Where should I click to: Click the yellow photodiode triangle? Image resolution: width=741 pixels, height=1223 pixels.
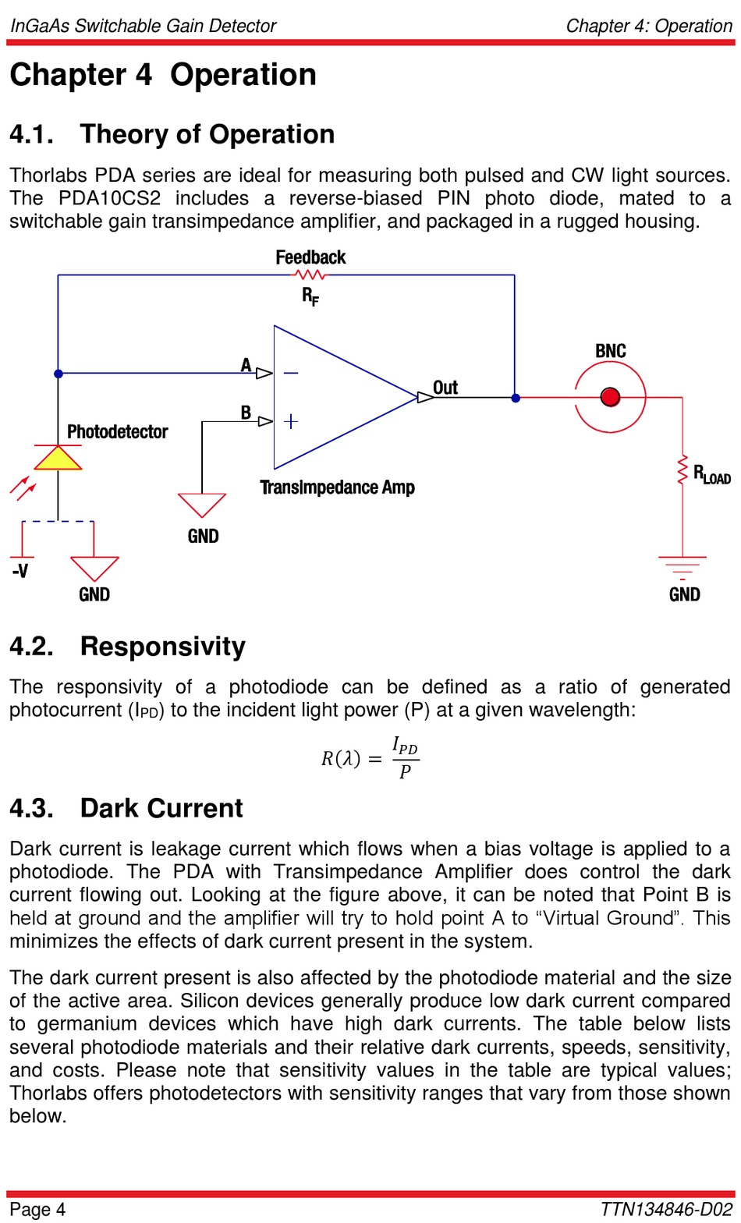pyautogui.click(x=58, y=459)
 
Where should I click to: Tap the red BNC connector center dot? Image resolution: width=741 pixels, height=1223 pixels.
pyautogui.click(x=610, y=397)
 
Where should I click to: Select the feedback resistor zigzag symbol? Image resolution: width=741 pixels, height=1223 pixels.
pyautogui.click(x=310, y=275)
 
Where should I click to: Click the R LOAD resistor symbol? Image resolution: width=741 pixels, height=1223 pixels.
pyautogui.click(x=682, y=470)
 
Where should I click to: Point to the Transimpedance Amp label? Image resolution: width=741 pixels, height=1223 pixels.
pyautogui.click(x=337, y=487)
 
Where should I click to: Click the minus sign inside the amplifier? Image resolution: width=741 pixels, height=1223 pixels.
pyautogui.click(x=290, y=373)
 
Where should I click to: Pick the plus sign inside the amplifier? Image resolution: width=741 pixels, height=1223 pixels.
pyautogui.click(x=291, y=421)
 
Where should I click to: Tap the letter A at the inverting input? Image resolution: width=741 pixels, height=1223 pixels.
pyautogui.click(x=246, y=365)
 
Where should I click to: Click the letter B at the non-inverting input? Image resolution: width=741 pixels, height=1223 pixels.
pyautogui.click(x=246, y=412)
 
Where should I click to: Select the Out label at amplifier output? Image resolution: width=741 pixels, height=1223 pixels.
pyautogui.click(x=445, y=387)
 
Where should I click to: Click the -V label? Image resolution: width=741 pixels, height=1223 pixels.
pyautogui.click(x=20, y=571)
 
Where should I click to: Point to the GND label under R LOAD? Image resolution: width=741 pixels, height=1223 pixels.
pyautogui.click(x=685, y=594)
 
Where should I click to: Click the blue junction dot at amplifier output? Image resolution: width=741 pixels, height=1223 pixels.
pyautogui.click(x=516, y=398)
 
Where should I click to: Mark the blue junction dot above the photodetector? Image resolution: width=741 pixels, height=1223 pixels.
pyautogui.click(x=58, y=374)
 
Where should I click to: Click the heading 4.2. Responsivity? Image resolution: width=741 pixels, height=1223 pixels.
pyautogui.click(x=127, y=647)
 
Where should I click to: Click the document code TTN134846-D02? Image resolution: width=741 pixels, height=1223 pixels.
pyautogui.click(x=666, y=1209)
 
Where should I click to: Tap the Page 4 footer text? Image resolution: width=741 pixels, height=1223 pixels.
pyautogui.click(x=37, y=1209)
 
